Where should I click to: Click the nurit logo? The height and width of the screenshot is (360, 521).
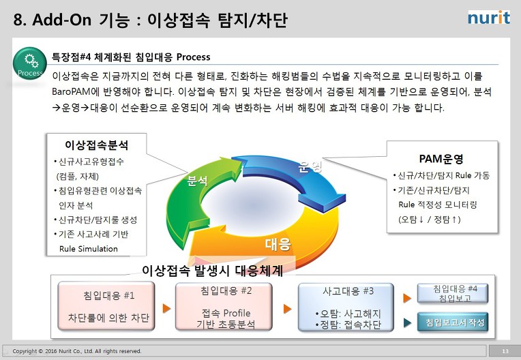[x=489, y=18]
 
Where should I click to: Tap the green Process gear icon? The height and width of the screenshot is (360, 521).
[x=30, y=63]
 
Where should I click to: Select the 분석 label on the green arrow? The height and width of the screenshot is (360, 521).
[x=197, y=181]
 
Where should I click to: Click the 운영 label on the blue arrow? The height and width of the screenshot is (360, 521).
[x=310, y=166]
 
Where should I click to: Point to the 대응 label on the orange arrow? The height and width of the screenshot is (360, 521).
[x=278, y=244]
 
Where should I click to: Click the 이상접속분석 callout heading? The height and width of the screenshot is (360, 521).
[x=96, y=145]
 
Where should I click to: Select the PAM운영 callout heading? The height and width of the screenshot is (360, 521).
[x=441, y=159]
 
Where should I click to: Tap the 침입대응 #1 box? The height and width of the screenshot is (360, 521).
[x=106, y=306]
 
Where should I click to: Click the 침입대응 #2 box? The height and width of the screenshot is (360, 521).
[x=224, y=307]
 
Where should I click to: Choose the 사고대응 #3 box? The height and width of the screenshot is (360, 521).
[x=346, y=307]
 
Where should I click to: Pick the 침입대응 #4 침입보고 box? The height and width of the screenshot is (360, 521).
[x=453, y=293]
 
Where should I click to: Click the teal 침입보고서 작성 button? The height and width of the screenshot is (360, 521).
[x=453, y=322]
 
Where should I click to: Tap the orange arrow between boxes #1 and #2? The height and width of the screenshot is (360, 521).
[x=166, y=308]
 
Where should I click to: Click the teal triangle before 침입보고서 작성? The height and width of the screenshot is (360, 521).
[x=407, y=322]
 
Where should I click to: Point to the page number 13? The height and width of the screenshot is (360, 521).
[x=505, y=351]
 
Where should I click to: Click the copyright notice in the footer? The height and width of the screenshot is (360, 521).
[x=77, y=351]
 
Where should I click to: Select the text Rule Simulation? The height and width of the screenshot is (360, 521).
[x=89, y=249]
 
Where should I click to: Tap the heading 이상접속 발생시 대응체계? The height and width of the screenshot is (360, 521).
[x=212, y=271]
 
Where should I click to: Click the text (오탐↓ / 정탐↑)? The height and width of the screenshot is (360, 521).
[x=430, y=219]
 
